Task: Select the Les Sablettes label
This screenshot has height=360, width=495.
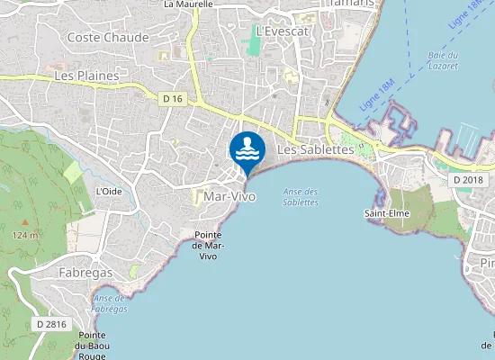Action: tap(315, 149)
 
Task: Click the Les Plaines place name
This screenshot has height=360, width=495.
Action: tap(87, 76)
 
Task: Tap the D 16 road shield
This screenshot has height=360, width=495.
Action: tap(174, 97)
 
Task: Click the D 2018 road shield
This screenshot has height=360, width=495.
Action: tap(468, 180)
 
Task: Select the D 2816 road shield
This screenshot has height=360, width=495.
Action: tap(51, 323)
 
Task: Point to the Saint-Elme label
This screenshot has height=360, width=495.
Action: tap(389, 213)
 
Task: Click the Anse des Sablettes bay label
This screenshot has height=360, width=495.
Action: tap(301, 196)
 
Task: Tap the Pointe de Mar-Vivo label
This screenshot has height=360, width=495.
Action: tap(209, 246)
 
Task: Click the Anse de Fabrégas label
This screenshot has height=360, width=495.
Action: tap(110, 303)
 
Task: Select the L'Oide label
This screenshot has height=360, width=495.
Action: tap(109, 191)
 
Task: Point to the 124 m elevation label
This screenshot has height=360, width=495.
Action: tap(25, 235)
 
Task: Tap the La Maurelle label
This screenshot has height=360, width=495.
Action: tap(188, 4)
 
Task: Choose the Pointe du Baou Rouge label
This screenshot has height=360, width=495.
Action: tap(92, 345)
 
